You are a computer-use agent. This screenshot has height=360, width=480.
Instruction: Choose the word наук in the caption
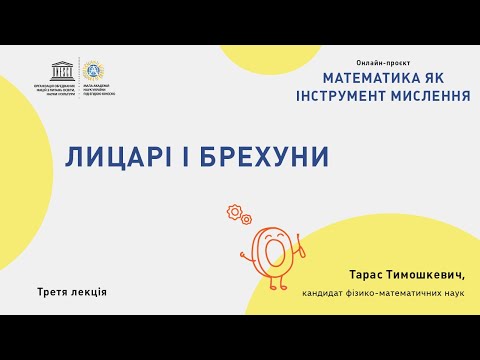(x=455, y=292)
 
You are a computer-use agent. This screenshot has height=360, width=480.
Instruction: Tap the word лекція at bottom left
(x=90, y=292)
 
